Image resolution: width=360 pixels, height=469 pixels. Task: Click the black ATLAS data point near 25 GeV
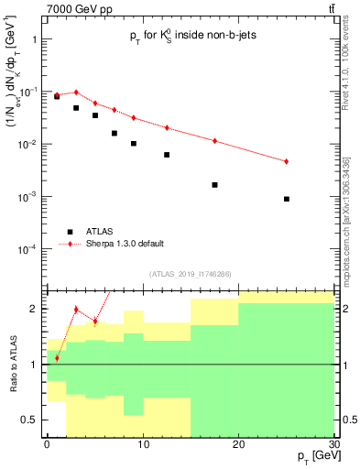tap(287, 199)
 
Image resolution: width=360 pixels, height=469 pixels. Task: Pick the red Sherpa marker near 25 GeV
tap(287, 161)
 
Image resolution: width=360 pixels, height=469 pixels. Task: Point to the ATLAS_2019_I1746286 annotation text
tap(191, 274)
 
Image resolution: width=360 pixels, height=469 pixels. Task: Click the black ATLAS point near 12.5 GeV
tap(167, 155)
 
